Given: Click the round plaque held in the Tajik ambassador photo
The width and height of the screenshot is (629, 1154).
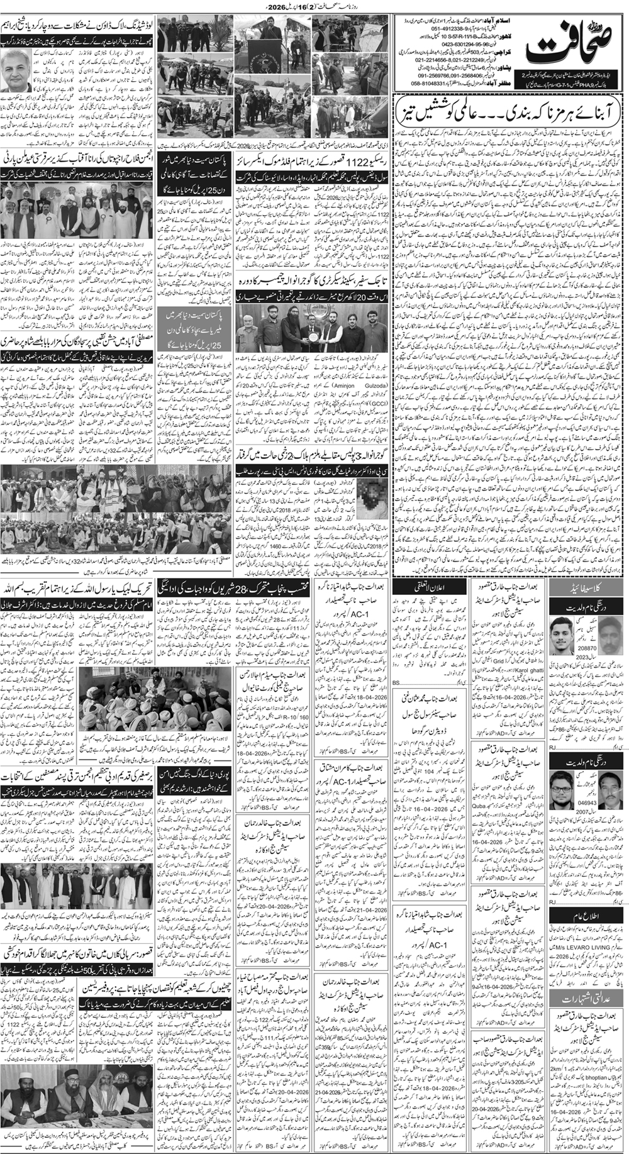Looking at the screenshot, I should pos(313,330).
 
